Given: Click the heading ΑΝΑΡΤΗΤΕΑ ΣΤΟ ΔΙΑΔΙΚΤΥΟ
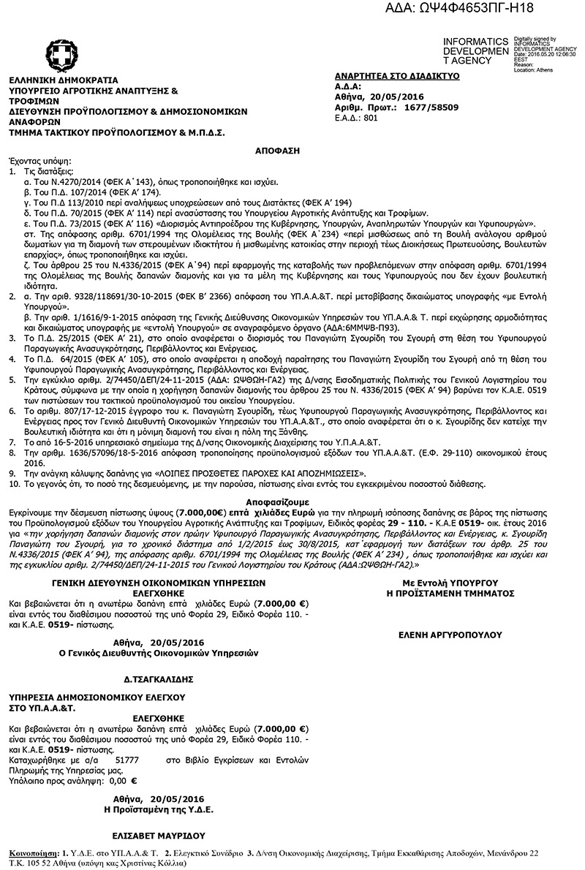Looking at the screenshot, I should (396, 75).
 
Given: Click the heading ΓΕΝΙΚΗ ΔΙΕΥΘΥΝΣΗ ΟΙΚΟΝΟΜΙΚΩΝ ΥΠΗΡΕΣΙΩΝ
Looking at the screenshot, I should (153, 583).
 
